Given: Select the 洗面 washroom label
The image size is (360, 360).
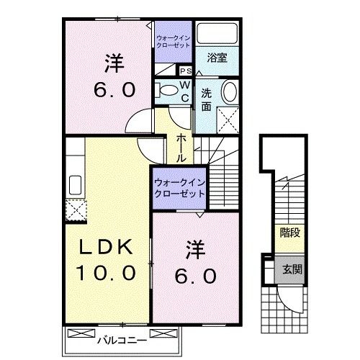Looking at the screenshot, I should [207, 99].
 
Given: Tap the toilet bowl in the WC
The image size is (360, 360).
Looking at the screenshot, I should [165, 91].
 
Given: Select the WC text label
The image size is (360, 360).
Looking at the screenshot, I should [184, 91].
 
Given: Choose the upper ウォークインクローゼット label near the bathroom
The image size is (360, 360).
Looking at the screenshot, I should [173, 40].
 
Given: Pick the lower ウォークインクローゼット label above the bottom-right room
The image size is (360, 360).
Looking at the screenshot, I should [178, 187].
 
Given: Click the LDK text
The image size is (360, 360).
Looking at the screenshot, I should [106, 247].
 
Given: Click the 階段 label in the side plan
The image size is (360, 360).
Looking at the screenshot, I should [289, 233].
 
